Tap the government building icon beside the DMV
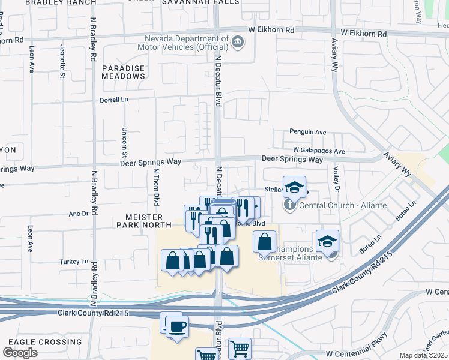point(238,41)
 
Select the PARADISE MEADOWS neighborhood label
point(123,73)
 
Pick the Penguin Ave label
point(307,131)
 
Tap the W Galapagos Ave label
point(319,151)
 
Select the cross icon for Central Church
point(289,205)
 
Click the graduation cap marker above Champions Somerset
point(327,242)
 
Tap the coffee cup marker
point(177,327)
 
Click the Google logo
point(20,352)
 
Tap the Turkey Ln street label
point(78,262)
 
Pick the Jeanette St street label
point(62,61)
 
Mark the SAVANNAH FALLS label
point(201,2)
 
